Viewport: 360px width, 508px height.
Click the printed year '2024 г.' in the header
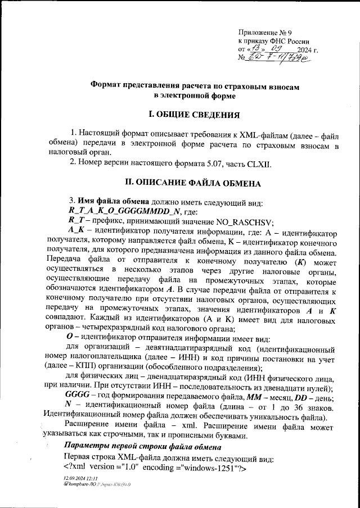[308, 50]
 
